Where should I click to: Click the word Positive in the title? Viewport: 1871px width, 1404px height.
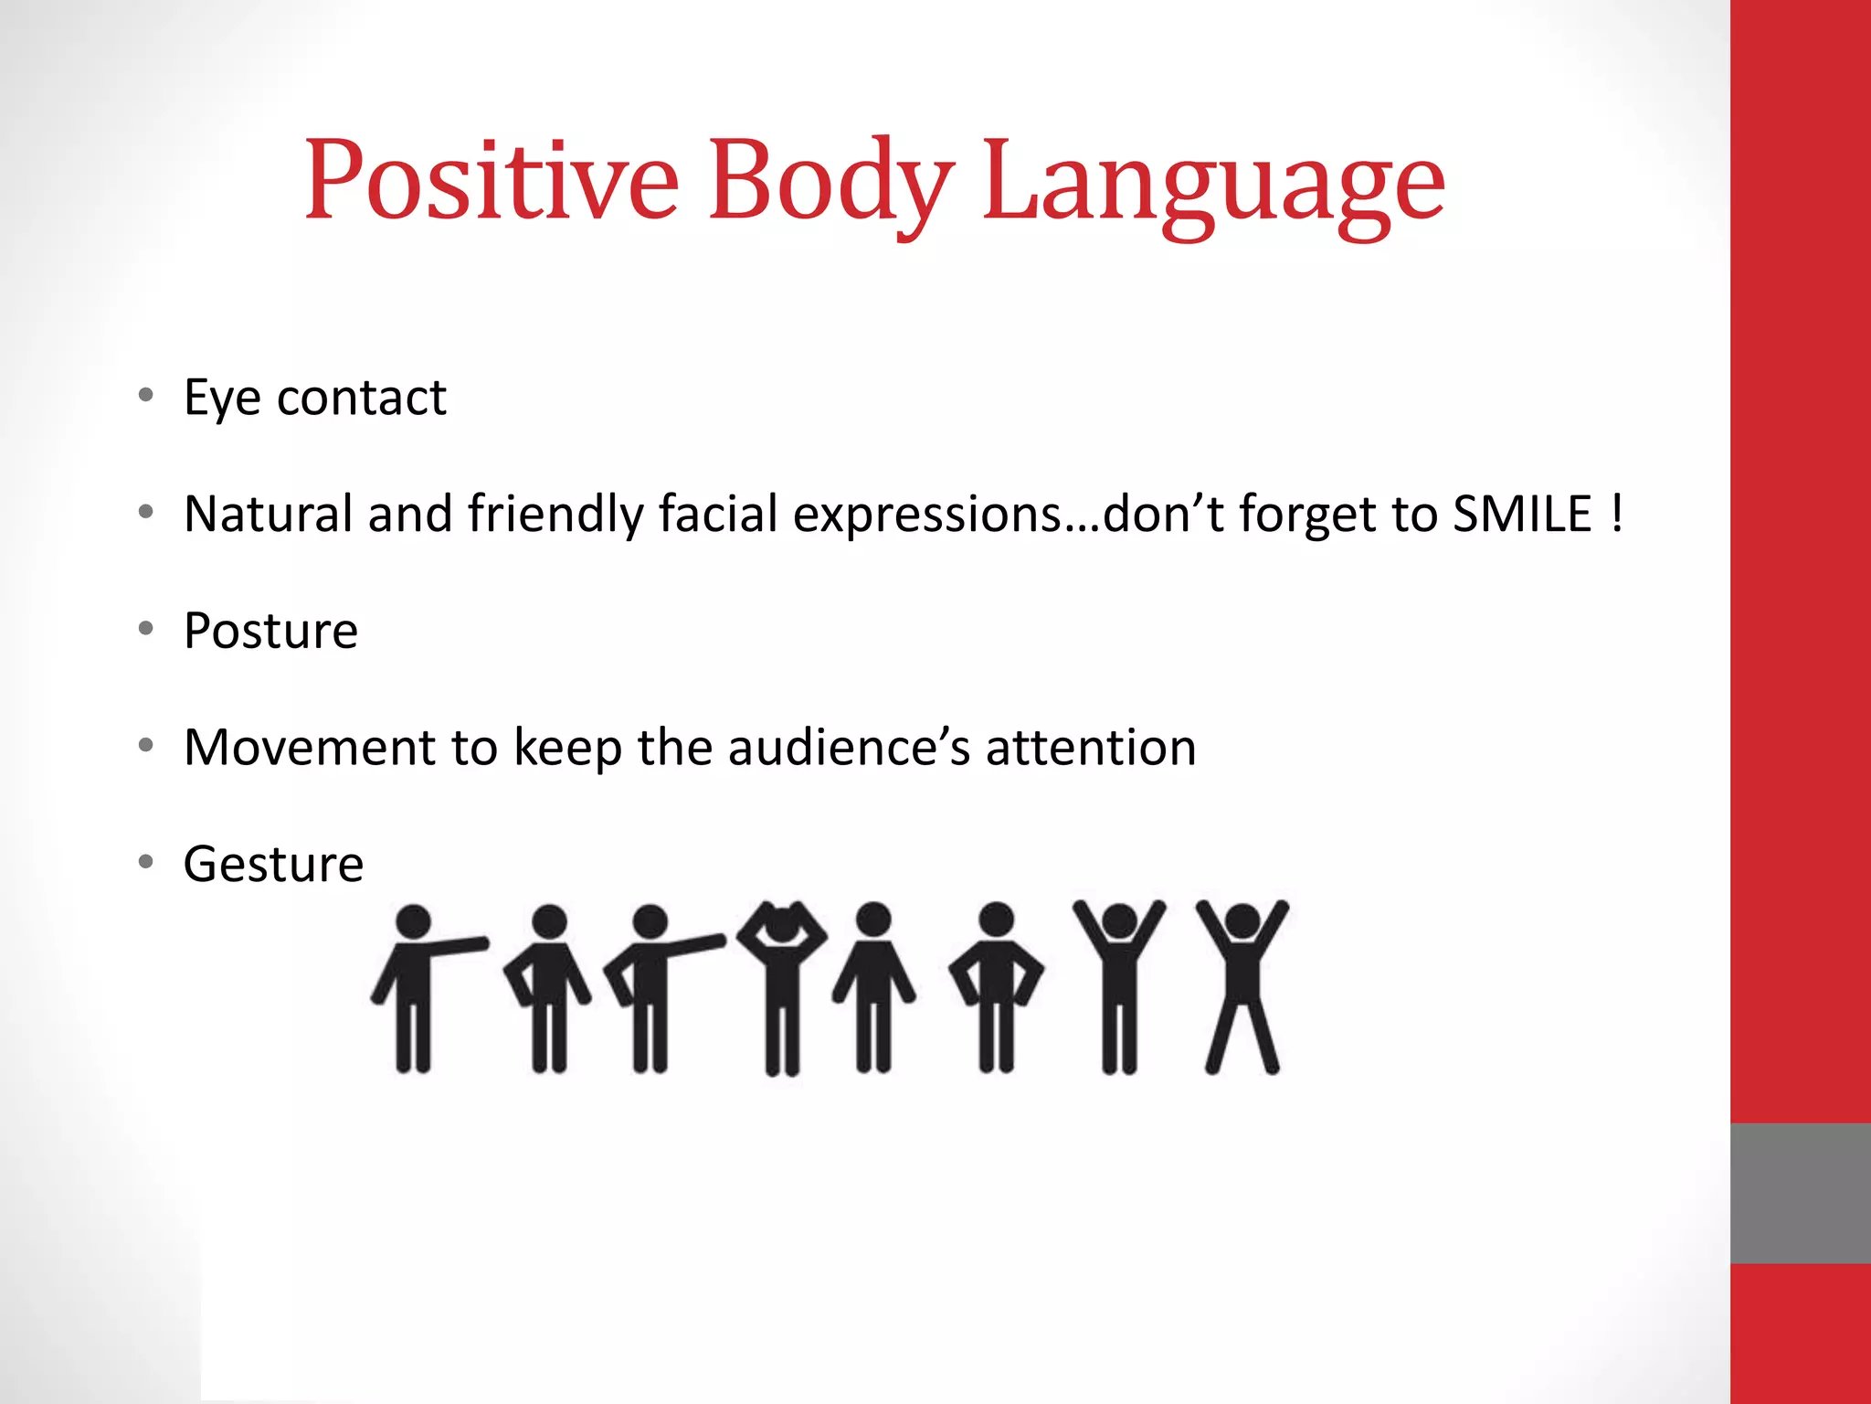point(492,180)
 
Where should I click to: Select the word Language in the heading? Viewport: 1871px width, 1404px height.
point(1214,183)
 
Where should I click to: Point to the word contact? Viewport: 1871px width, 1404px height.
point(362,399)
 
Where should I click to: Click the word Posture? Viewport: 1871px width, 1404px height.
point(270,631)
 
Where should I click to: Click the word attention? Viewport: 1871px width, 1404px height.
point(1091,748)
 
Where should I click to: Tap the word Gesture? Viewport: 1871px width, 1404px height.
point(273,864)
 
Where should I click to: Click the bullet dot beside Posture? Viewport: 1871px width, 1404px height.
point(146,629)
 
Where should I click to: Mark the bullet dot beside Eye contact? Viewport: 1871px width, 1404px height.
point(146,396)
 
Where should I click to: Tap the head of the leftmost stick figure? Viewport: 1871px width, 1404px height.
point(413,921)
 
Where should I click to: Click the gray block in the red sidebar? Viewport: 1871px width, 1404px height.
point(1800,1193)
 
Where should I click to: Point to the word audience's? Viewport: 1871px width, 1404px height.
point(849,748)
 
